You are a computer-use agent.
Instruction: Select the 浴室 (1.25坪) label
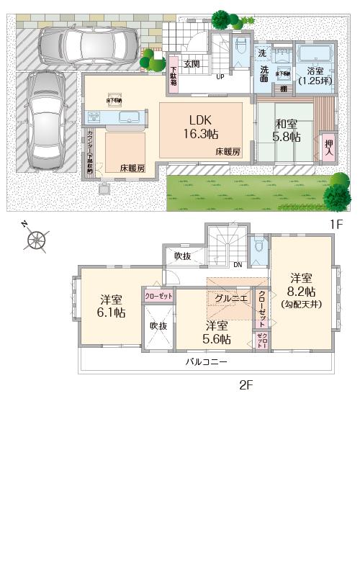tap(315, 76)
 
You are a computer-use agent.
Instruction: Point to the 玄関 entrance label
tap(192, 63)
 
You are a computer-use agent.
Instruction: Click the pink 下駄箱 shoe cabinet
tap(174, 73)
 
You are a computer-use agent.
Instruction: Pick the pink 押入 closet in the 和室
tap(329, 149)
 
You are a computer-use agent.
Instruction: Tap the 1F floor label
tap(336, 225)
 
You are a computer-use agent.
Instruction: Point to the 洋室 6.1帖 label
tap(111, 306)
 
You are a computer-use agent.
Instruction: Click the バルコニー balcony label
tap(206, 362)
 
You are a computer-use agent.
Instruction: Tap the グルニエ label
tap(230, 297)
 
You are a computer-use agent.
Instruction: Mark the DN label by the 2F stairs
tap(238, 264)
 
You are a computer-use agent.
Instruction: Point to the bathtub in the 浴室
tap(313, 55)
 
